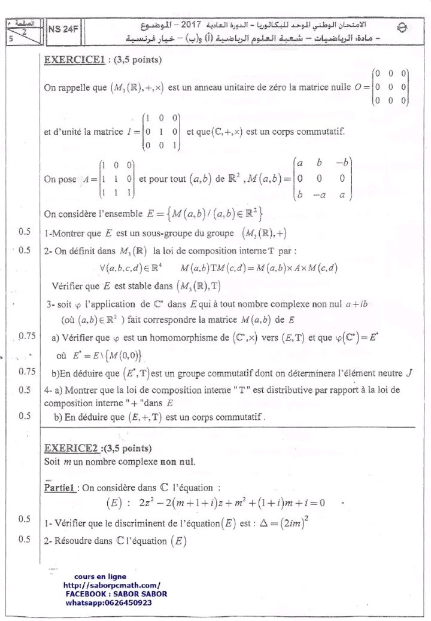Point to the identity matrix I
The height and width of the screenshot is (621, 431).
click(x=160, y=131)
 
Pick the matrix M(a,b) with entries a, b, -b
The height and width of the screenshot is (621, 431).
click(x=322, y=179)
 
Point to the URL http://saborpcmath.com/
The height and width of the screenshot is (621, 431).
click(x=111, y=586)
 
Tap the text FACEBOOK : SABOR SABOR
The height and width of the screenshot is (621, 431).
click(x=116, y=594)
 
